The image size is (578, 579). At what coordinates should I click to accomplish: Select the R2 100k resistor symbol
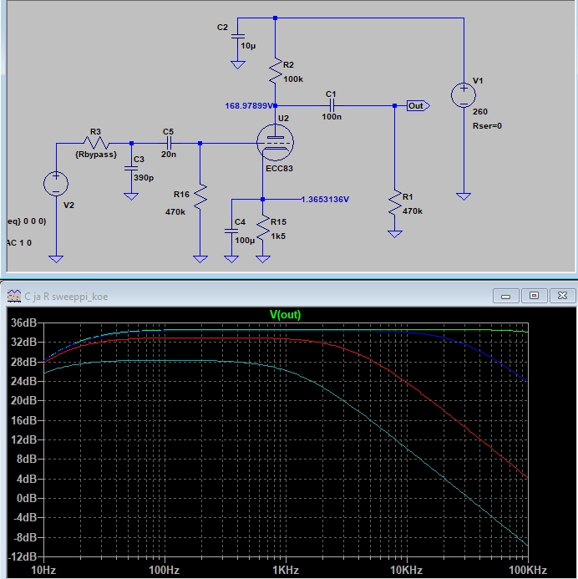click(275, 74)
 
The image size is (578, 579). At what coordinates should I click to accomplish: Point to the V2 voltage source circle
click(56, 184)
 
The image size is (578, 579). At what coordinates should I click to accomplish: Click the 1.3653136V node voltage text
click(324, 200)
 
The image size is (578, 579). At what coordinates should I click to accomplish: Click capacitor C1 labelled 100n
click(331, 105)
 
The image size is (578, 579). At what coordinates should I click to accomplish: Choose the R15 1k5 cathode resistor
click(263, 227)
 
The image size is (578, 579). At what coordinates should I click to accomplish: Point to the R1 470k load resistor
click(394, 206)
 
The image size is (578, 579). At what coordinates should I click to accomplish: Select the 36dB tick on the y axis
click(23, 323)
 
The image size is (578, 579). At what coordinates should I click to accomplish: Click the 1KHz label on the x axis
click(285, 569)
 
